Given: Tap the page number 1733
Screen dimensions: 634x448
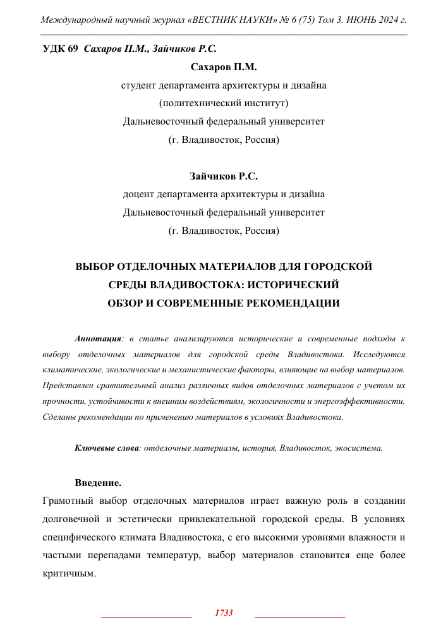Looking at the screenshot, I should click(224, 613).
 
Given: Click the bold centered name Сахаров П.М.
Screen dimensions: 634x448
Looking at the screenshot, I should click(224, 66).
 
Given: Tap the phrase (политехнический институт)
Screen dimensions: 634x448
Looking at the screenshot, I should click(224, 103).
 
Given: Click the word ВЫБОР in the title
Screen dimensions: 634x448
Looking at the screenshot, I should click(97, 267).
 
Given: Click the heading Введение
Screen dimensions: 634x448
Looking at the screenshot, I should click(98, 483).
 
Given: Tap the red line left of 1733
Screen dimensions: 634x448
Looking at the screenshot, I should click(146, 616).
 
